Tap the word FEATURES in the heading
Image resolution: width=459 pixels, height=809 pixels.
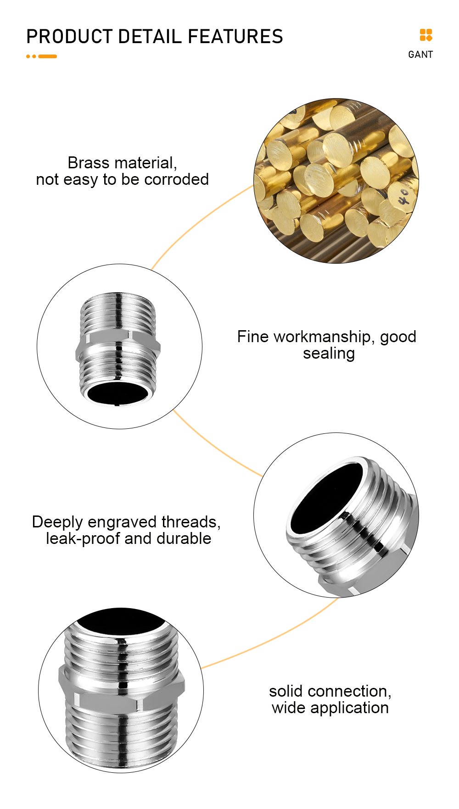pyautogui.click(x=235, y=37)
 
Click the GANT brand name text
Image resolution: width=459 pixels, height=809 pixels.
pyautogui.click(x=420, y=55)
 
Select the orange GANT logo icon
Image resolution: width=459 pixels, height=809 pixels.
pyautogui.click(x=426, y=35)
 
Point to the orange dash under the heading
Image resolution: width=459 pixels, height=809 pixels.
pyautogui.click(x=48, y=56)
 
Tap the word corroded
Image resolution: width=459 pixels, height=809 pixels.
pyautogui.click(x=176, y=179)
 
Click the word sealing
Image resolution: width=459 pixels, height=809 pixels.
pyautogui.click(x=329, y=354)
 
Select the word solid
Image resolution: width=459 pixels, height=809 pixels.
pyautogui.click(x=287, y=691)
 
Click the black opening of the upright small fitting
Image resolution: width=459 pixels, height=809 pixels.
pyautogui.click(x=118, y=393)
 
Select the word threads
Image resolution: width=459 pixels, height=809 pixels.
pyautogui.click(x=190, y=522)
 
